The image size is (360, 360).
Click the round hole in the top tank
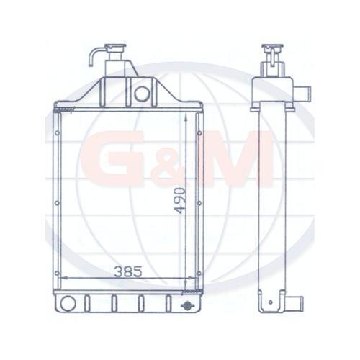142,92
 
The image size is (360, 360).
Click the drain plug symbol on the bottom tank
189,306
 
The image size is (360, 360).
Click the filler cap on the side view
271,50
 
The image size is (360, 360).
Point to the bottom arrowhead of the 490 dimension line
198,288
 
